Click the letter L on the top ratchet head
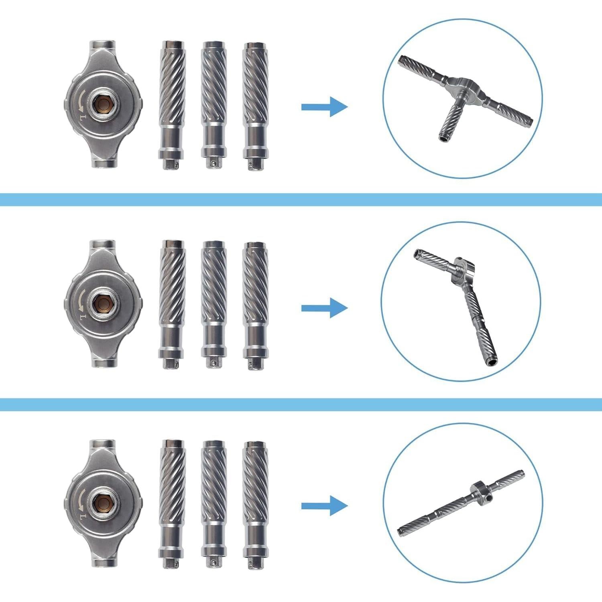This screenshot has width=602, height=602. [82, 117]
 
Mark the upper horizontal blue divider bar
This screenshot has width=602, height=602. [301, 199]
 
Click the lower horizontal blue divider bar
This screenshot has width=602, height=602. [301, 404]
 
